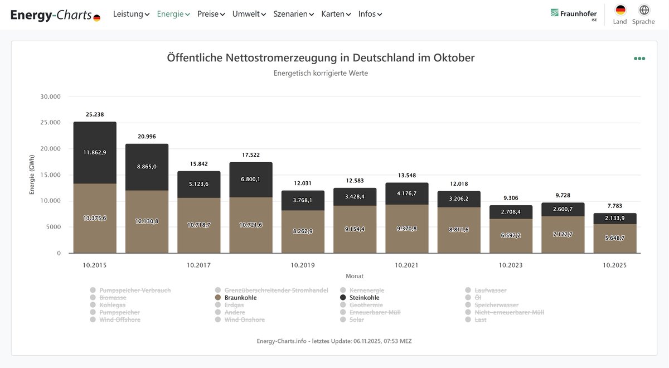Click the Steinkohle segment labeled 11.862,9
click(95, 152)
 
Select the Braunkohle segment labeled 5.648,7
click(615, 239)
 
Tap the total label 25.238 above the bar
click(95, 114)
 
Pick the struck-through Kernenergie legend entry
click(366, 290)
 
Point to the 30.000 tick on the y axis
click(50, 96)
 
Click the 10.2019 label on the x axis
click(303, 265)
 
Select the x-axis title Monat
click(355, 276)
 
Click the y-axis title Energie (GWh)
click(32, 175)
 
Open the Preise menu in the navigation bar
click(211, 14)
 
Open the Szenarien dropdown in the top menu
click(293, 14)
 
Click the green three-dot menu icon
click(639, 59)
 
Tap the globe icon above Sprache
click(644, 10)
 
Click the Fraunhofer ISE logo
click(574, 14)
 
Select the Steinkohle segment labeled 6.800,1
click(251, 179)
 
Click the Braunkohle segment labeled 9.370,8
click(407, 229)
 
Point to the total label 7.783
click(615, 206)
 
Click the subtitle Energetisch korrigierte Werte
click(321, 73)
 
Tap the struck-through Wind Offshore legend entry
click(119, 320)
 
